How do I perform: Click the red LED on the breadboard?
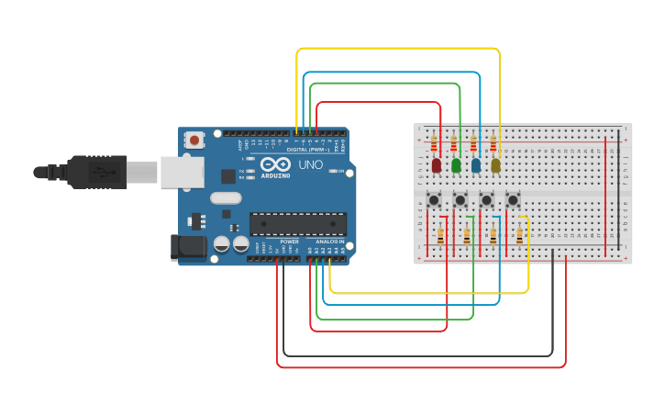[x=437, y=165]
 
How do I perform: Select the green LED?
[x=456, y=165]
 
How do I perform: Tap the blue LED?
[x=475, y=165]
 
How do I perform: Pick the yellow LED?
[x=495, y=165]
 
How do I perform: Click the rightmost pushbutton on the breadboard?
[x=513, y=199]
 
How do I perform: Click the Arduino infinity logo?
[x=275, y=165]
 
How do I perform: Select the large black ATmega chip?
[x=298, y=223]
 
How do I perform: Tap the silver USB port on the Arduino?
[x=182, y=172]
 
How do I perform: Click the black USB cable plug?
[x=96, y=172]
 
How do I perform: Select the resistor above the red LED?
[x=434, y=143]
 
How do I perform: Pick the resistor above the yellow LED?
[x=493, y=143]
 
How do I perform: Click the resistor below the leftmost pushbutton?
[x=440, y=236]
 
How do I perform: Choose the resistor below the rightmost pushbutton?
[x=519, y=236]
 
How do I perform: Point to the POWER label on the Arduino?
[x=289, y=242]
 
